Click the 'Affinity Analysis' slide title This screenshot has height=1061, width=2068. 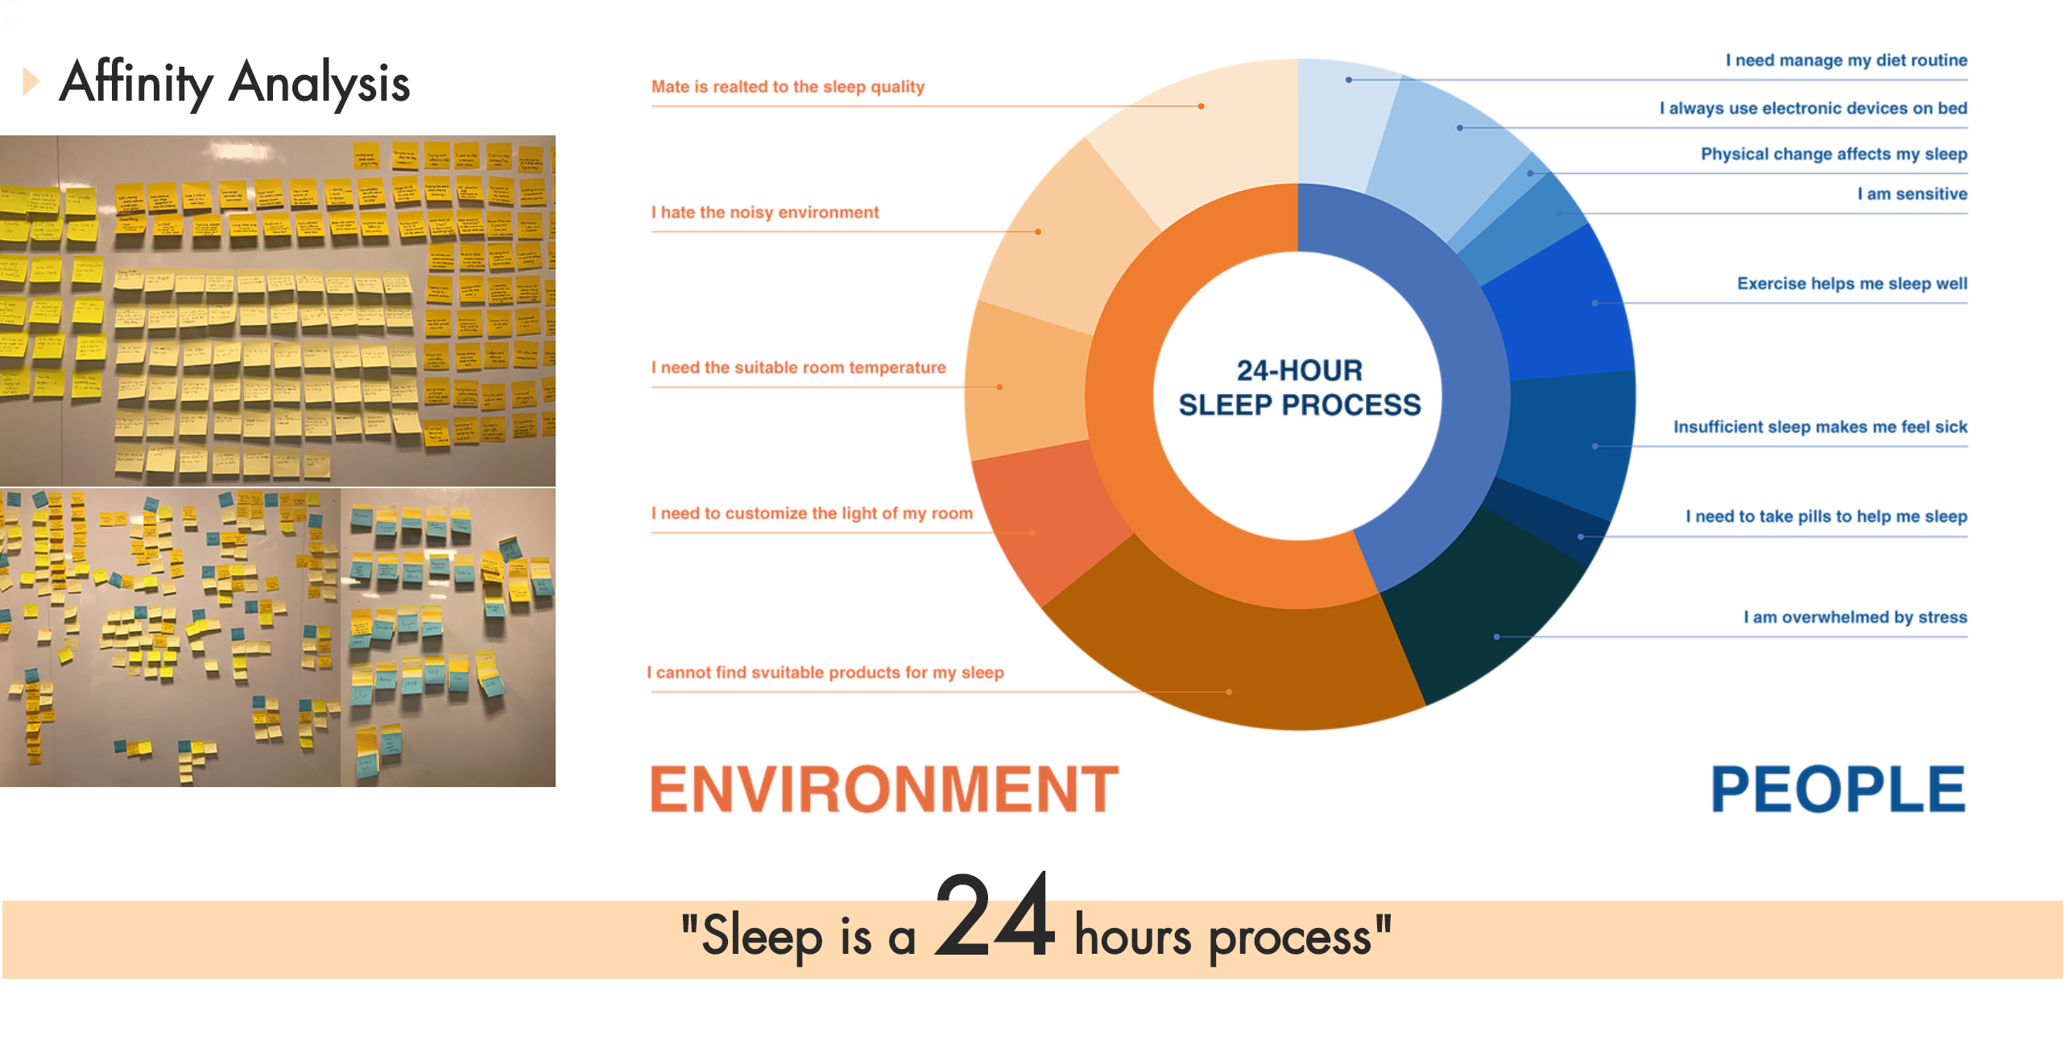pos(234,82)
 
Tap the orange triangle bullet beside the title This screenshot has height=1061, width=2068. pos(31,81)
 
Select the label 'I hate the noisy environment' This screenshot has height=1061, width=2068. pos(764,213)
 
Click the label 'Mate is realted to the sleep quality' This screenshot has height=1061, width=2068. pos(787,87)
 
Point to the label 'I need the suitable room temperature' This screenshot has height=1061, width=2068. pos(798,368)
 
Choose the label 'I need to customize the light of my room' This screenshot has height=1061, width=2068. pos(812,514)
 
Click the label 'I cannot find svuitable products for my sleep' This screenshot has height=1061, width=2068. pos(825,673)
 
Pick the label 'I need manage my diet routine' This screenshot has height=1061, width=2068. pos(1846,60)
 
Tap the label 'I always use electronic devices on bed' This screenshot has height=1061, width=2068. pos(1813,109)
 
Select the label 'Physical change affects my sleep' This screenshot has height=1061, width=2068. pos(1833,155)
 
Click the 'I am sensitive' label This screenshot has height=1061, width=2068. pos(1912,194)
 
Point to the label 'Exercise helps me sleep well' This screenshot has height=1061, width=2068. pos(1851,284)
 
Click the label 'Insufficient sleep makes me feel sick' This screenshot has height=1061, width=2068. pos(1819,427)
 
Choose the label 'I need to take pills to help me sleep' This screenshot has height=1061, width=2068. pos(1826,516)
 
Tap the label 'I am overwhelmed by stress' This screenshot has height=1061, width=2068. pos(1855,618)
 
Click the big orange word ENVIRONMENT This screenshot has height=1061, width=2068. pos(883,789)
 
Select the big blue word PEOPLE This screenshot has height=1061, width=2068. pos(1837,789)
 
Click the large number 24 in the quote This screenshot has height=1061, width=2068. pos(994,917)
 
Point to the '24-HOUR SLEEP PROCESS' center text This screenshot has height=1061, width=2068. pos(1299,388)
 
